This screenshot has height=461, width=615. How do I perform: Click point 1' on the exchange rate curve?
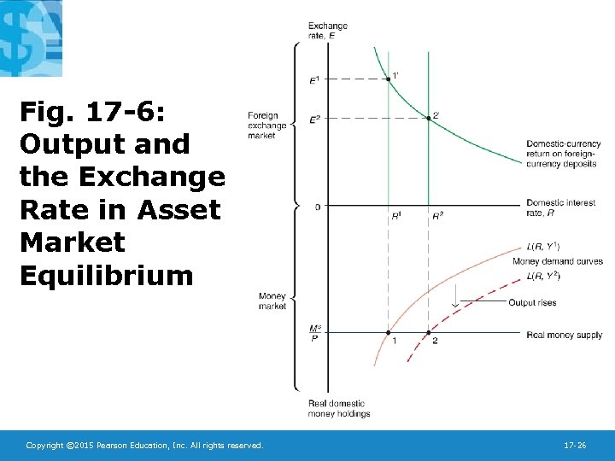click(x=389, y=79)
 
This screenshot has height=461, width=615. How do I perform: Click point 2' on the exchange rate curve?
click(x=429, y=118)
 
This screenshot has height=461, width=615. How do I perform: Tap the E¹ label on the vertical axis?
click(x=313, y=79)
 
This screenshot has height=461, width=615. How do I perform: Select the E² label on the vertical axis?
click(x=313, y=119)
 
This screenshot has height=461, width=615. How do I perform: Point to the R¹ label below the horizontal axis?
click(x=396, y=216)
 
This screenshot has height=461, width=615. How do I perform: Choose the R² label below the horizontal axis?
click(x=437, y=216)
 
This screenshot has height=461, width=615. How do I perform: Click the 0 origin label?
click(x=316, y=207)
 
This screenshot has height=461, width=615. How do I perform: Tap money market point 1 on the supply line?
click(x=389, y=332)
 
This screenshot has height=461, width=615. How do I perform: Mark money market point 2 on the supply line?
click(x=429, y=332)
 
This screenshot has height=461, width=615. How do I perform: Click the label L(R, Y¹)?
click(x=544, y=247)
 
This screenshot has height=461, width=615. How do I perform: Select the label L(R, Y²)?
click(x=544, y=275)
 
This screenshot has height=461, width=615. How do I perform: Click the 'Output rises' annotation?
click(x=532, y=303)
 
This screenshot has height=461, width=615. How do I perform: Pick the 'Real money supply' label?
click(x=565, y=336)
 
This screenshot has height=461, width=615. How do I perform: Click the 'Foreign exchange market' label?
click(x=266, y=125)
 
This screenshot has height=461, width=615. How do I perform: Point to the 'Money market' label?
click(x=272, y=301)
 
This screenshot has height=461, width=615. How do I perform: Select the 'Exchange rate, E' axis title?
click(x=327, y=30)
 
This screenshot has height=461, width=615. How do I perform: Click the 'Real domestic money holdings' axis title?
click(x=339, y=408)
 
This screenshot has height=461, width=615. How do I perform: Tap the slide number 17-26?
click(x=574, y=446)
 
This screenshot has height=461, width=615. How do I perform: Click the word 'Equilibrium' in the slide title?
click(x=107, y=276)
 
